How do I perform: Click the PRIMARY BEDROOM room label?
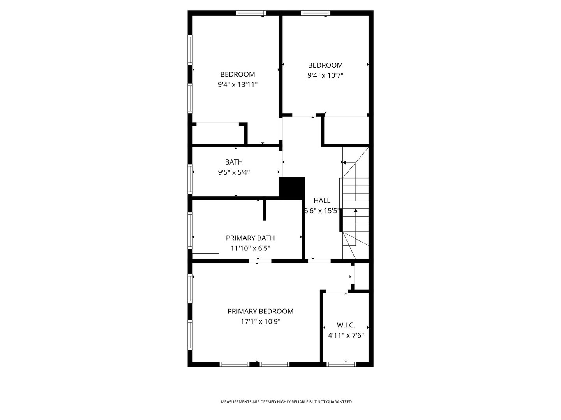pos(260,311)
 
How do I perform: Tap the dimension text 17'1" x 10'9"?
pos(260,322)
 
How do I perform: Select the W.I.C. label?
pos(346,325)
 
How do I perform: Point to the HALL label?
pos(322,200)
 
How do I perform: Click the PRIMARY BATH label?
pos(250,238)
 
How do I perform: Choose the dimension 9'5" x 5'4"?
pos(234,172)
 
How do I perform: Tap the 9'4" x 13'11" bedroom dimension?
pos(237,85)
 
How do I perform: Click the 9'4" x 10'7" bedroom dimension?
pos(325,75)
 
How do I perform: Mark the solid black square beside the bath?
pos(292,188)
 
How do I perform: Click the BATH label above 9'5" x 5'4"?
pos(234,162)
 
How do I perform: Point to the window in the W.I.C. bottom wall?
pos(341,364)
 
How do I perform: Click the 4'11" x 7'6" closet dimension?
pos(346,335)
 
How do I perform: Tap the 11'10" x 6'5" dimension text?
pos(250,248)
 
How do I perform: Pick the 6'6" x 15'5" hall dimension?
pos(322,211)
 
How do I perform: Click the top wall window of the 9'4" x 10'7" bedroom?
pos(316,13)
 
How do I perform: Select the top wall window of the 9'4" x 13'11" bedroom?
pos(251,13)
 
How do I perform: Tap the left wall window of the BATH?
pos(190,179)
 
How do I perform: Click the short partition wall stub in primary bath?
pos(264,210)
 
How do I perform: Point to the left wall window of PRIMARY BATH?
pos(190,230)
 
